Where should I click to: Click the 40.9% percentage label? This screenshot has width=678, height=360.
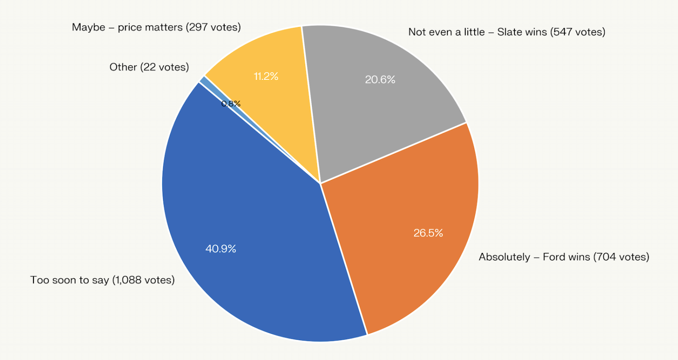click(x=221, y=249)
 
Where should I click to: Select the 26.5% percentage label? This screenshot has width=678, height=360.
click(x=428, y=233)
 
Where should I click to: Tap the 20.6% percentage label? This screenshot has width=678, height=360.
click(x=380, y=80)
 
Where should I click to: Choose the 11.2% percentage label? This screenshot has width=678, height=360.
click(x=266, y=76)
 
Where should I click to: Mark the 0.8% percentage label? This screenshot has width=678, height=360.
click(x=231, y=104)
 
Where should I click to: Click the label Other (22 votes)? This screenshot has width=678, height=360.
click(x=149, y=67)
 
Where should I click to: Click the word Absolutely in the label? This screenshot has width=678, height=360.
click(x=504, y=257)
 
